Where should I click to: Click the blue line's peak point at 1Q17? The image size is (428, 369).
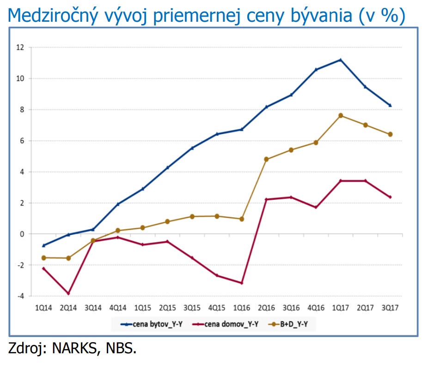[340, 60]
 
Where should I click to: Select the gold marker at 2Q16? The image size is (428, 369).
[266, 159]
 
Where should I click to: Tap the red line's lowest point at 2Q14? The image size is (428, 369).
[68, 294]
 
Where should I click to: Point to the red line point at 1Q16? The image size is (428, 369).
[241, 283]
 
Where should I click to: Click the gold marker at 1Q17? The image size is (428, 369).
[341, 116]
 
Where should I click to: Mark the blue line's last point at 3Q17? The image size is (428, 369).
[390, 105]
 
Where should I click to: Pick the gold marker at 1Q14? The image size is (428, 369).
[44, 258]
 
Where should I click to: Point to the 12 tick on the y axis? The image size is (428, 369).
[20, 47]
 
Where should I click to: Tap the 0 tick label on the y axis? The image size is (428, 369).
[22, 234]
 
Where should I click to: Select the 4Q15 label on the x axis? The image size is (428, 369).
[217, 307]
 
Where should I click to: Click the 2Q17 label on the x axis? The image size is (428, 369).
[366, 307]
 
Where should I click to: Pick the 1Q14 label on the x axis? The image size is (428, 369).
[44, 307]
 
